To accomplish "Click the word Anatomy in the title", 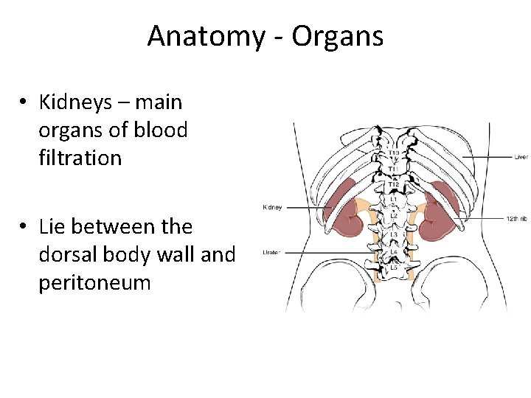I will (x=204, y=35).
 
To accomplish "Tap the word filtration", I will (x=80, y=157).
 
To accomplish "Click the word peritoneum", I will (x=94, y=282).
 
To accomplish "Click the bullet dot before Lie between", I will (x=25, y=227).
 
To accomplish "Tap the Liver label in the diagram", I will (x=521, y=156).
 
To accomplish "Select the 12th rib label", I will (x=516, y=219).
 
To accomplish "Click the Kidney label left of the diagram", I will (x=272, y=207).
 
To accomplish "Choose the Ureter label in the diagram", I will (x=271, y=253).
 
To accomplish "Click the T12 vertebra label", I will (x=395, y=184).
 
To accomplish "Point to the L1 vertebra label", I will (x=394, y=199).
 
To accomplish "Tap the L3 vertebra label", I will (x=394, y=234).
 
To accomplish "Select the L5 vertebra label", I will (x=394, y=267).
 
